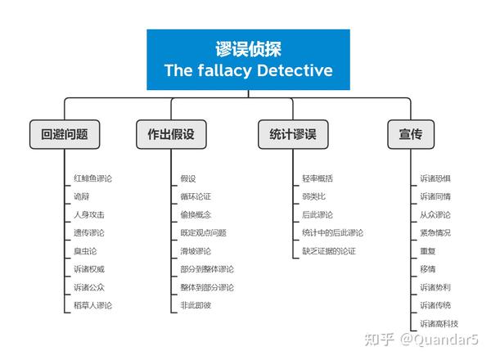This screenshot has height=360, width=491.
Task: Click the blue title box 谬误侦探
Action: click(248, 60)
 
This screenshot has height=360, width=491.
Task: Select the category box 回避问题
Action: click(64, 133)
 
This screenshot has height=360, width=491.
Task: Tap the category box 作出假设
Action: click(171, 133)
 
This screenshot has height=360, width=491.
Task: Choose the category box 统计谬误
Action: click(293, 133)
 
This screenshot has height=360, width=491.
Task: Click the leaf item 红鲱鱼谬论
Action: click(92, 178)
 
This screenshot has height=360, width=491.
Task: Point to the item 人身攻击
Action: click(88, 214)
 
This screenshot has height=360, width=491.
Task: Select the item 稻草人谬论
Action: click(92, 305)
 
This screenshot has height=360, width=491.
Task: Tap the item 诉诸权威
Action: click(88, 269)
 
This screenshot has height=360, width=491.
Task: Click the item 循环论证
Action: click(196, 196)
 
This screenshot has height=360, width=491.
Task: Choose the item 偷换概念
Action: click(196, 214)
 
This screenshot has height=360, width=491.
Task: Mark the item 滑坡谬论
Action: click(196, 251)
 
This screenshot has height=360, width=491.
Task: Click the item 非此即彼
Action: click(196, 305)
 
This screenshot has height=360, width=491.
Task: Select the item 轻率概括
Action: click(318, 178)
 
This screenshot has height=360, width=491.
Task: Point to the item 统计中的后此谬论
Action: click(332, 233)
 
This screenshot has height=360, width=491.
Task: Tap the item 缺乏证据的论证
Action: click(328, 251)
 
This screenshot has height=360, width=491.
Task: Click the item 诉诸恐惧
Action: click(435, 178)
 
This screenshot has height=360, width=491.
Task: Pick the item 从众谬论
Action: click(435, 214)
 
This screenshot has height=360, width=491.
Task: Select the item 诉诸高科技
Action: click(439, 324)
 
